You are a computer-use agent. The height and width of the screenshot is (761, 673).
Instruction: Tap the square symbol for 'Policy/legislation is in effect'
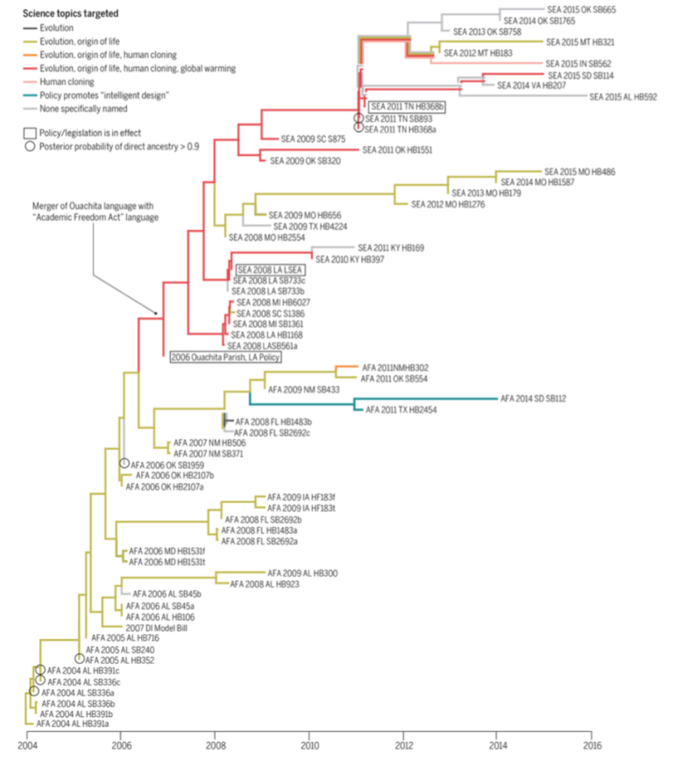31,132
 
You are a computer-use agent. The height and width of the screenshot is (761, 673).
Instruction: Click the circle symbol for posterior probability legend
31,146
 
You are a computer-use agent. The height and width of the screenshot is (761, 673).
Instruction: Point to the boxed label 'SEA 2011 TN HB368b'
407,106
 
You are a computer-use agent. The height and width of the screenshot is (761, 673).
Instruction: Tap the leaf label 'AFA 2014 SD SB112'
533,398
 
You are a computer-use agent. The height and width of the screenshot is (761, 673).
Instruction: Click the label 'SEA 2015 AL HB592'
623,96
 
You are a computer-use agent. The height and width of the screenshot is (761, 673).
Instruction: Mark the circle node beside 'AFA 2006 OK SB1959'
124,463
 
